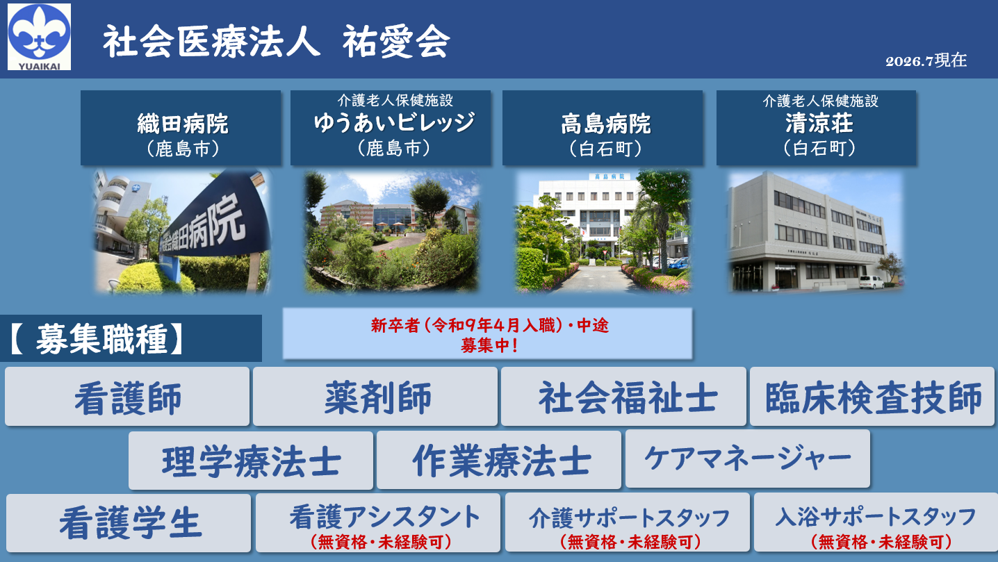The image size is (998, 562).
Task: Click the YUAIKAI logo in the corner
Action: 39,37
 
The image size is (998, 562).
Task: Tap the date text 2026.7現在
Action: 926,60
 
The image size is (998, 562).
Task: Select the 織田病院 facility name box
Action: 181,128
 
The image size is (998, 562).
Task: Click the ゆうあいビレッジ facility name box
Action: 391,128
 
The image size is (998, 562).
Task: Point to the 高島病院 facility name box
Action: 603,128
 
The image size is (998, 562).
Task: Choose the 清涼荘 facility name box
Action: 816,128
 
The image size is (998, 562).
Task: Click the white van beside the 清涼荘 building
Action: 871,282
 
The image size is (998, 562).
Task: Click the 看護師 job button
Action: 127,397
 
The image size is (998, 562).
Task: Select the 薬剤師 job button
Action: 375,397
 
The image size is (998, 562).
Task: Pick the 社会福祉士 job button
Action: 624,397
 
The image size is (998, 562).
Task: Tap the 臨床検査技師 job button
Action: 872,397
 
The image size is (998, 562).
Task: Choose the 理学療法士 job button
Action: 251,461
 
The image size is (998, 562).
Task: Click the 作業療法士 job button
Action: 499,460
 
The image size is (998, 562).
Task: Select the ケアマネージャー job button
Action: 748,458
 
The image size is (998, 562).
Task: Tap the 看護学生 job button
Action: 129,523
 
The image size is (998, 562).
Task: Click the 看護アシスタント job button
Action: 378,523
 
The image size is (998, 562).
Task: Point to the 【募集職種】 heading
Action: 96,339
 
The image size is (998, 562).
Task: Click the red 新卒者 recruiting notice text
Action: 489,335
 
